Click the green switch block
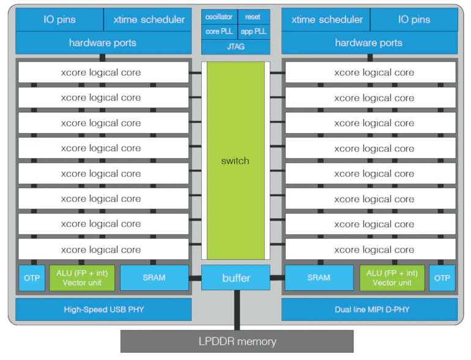coord(236,161)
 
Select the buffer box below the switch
coord(236,278)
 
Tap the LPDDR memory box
coord(237,341)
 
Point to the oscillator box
coord(218,17)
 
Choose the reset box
coord(253,17)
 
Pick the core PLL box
coord(218,31)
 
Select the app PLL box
coord(253,31)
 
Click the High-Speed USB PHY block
coord(103,309)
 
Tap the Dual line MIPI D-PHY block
coord(369,309)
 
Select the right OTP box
coord(442,277)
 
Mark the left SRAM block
coord(154,277)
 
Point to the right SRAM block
coord(319,277)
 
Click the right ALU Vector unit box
coord(391,277)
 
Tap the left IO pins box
coord(59,20)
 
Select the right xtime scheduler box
coord(327,20)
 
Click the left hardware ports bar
coord(102,43)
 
